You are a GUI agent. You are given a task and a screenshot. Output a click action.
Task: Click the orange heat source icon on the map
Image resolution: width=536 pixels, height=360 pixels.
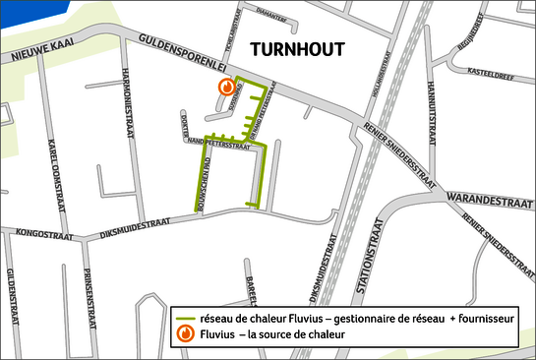[x=226, y=87]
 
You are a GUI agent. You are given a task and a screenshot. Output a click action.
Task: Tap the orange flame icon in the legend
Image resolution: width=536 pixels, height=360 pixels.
[x=184, y=334]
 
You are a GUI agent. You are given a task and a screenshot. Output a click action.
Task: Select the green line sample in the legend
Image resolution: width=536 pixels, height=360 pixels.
[x=184, y=319]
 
